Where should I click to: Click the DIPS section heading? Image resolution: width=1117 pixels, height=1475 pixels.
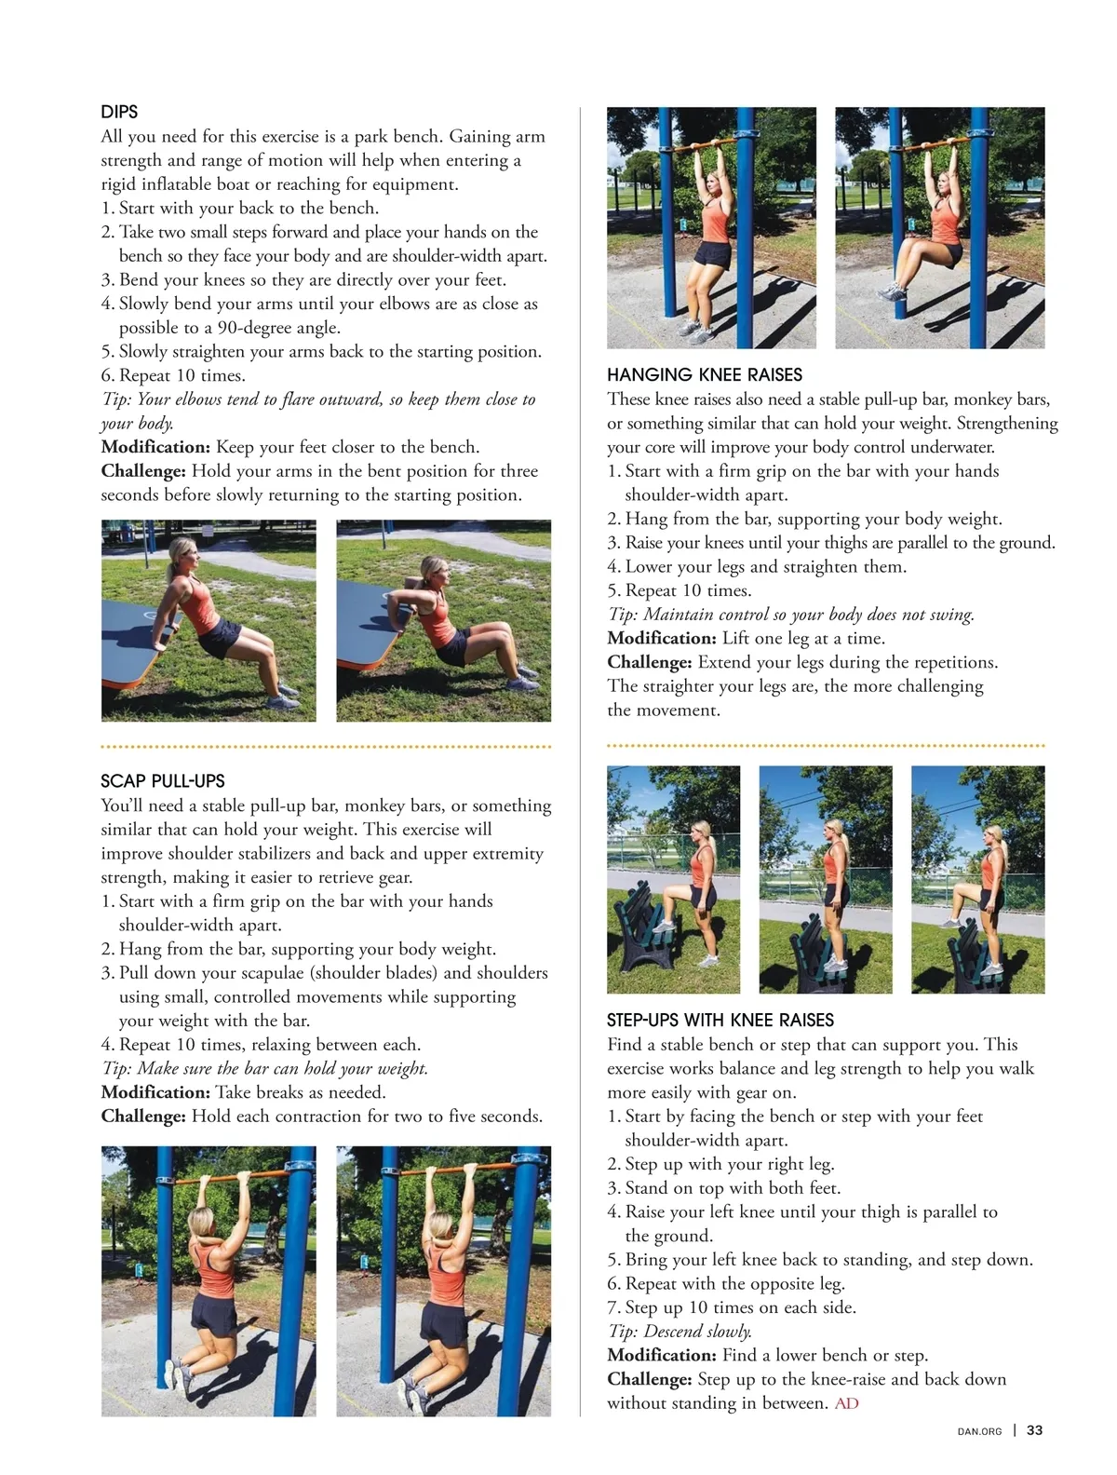pyautogui.click(x=119, y=111)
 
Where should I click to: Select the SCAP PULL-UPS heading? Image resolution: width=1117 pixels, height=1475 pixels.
pyautogui.click(x=163, y=780)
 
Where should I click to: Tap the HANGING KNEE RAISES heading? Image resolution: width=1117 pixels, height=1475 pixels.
pyautogui.click(x=705, y=374)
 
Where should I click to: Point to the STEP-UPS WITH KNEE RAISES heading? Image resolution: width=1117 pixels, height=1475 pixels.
pyautogui.click(x=720, y=1020)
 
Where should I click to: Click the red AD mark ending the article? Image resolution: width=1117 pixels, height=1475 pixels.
pyautogui.click(x=846, y=1403)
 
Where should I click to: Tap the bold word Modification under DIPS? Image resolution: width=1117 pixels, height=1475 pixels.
pyautogui.click(x=155, y=447)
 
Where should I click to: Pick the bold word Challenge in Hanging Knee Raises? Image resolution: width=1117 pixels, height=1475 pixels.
pyautogui.click(x=650, y=663)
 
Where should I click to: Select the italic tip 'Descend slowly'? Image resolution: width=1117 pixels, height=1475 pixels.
pyautogui.click(x=680, y=1332)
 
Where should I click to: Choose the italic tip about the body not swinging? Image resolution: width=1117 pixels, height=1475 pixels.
pyautogui.click(x=790, y=615)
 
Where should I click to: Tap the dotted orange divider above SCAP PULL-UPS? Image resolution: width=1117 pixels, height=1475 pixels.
pyautogui.click(x=326, y=746)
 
